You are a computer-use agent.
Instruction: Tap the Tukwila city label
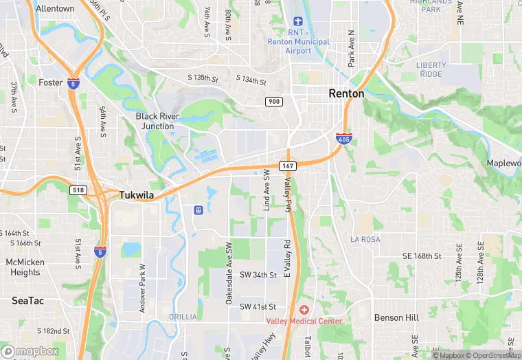click(x=137, y=195)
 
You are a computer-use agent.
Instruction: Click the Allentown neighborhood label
click(x=55, y=9)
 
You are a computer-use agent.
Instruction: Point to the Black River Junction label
click(x=157, y=121)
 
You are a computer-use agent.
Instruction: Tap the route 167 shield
click(x=287, y=166)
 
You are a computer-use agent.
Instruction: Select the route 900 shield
click(x=274, y=102)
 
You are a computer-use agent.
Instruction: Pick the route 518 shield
click(x=78, y=190)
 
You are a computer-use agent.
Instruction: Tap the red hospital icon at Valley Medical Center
click(x=304, y=311)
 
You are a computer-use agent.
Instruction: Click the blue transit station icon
click(x=198, y=210)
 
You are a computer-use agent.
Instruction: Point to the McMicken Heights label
click(x=25, y=267)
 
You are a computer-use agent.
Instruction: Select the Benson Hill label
click(x=396, y=317)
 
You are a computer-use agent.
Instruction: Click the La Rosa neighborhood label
click(x=365, y=239)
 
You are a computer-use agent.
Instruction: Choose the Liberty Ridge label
click(x=431, y=69)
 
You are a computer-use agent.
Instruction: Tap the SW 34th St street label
click(x=258, y=275)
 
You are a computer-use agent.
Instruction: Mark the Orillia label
click(x=183, y=317)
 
